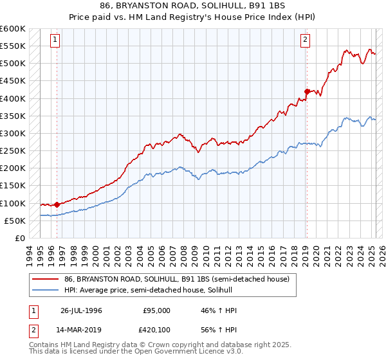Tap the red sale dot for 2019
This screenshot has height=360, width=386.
coord(307,91)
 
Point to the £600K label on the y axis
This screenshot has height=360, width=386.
coord(13,29)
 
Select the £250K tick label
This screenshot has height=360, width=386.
coord(13,151)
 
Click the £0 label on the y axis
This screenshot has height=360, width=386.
coord(20,239)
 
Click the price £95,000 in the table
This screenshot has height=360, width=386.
coord(156,310)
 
